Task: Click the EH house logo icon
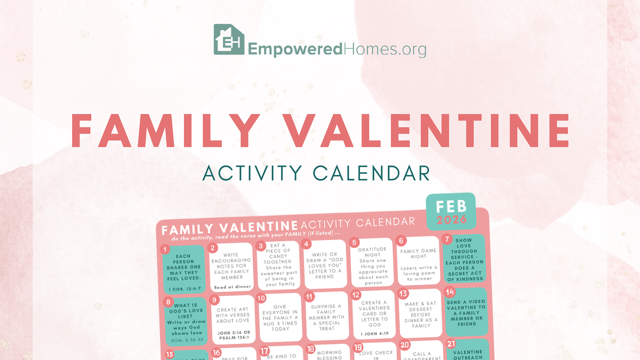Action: (229, 39)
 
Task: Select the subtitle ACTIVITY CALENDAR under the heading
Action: (316, 173)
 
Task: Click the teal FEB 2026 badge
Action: (451, 211)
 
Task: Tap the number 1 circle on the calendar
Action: (165, 249)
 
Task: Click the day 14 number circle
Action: (449, 292)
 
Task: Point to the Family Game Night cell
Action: (418, 264)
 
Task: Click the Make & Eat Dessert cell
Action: (420, 315)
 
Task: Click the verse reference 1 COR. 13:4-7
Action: (183, 289)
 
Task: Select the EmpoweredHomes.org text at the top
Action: (337, 50)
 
